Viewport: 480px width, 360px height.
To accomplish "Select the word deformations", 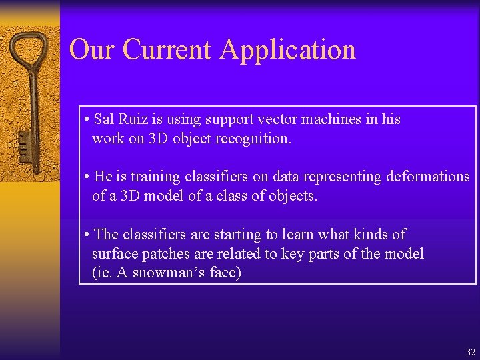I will click(426, 177).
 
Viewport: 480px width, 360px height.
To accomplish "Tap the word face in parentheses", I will click(225, 273).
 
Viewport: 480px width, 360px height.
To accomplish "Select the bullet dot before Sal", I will click(87, 120).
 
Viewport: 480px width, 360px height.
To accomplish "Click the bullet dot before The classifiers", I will click(87, 235).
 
